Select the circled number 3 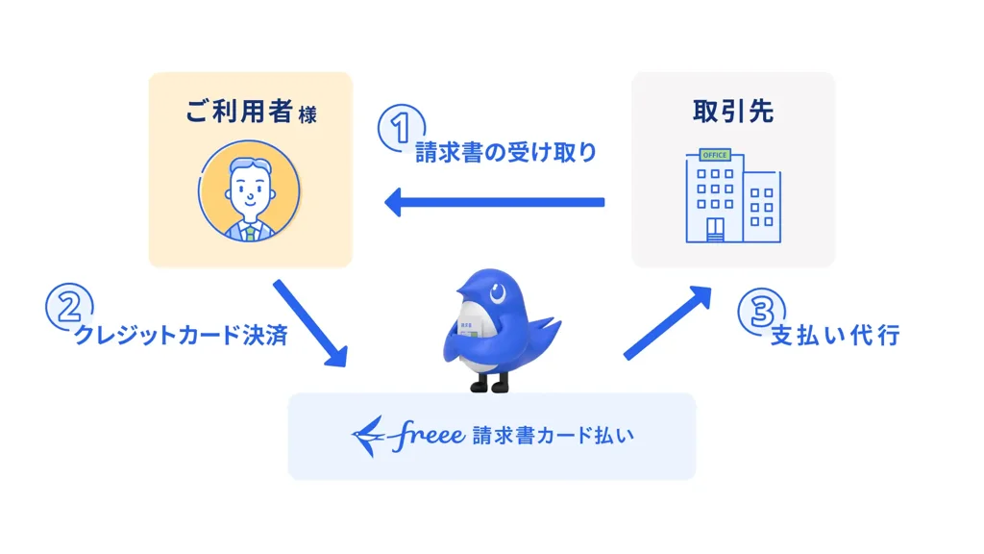[759, 310]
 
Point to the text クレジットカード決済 [181, 337]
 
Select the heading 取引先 [732, 112]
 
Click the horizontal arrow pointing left [494, 202]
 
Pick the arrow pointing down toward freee [309, 323]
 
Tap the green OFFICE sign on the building [714, 155]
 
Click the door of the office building [715, 230]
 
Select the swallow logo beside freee [370, 436]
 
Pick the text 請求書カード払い [553, 436]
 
